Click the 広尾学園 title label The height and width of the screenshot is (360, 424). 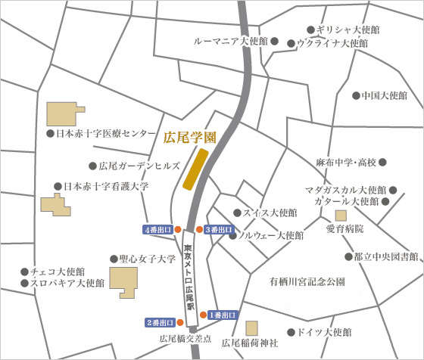[190, 138]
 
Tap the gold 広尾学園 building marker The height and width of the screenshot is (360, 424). [196, 169]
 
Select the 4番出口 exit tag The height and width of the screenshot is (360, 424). [156, 229]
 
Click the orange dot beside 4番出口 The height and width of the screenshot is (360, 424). [177, 229]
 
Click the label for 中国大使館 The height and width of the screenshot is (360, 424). [385, 96]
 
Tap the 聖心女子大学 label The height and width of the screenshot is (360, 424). [148, 259]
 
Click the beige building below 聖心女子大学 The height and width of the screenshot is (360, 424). [124, 281]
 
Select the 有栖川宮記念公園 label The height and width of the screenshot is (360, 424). [307, 281]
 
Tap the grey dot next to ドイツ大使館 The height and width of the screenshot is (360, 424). [291, 332]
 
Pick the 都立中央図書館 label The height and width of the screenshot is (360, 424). [386, 257]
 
